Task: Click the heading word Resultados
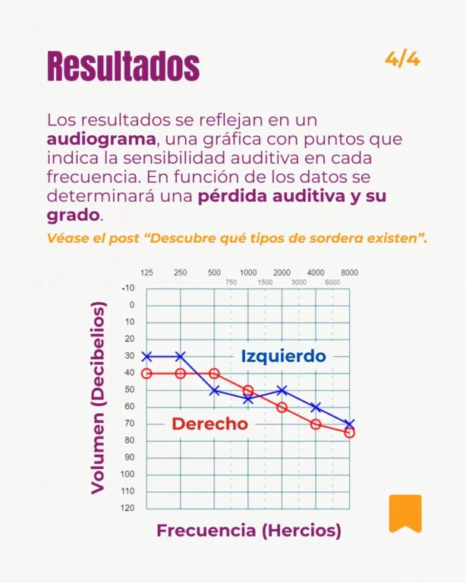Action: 123,66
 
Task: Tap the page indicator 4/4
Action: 402,59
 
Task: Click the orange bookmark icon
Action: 405,513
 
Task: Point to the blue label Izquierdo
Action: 283,356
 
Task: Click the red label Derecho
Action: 209,424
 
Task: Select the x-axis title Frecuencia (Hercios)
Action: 248,531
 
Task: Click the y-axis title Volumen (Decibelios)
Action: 98,398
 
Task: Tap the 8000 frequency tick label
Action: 349,273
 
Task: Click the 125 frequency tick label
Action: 147,273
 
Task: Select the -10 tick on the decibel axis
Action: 128,288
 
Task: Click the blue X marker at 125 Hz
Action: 147,356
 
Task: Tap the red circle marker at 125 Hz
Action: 147,373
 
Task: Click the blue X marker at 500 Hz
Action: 215,390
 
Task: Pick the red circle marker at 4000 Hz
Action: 316,424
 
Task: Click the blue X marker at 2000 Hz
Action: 282,390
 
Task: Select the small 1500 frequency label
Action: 265,282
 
